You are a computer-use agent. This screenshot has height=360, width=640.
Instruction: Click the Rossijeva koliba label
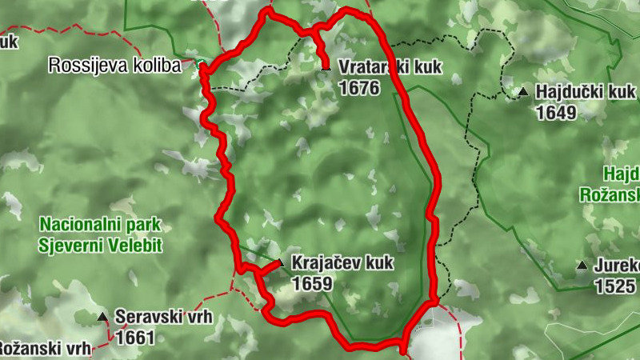click(x=115, y=66)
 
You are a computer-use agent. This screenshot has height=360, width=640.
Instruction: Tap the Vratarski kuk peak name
click(x=390, y=68)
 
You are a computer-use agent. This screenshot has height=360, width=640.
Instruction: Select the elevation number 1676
click(x=358, y=88)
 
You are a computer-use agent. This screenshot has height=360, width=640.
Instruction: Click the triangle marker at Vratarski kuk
click(x=326, y=68)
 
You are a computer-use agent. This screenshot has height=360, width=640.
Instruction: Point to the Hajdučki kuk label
click(x=586, y=93)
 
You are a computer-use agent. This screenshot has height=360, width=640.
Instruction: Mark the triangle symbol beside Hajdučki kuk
click(x=522, y=92)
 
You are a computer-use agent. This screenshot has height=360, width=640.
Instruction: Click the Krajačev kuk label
click(x=343, y=263)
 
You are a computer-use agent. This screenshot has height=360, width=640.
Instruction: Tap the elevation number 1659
click(x=312, y=283)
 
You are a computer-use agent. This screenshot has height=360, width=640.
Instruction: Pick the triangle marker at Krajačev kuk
click(x=279, y=263)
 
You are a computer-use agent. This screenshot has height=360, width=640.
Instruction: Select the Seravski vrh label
click(x=163, y=317)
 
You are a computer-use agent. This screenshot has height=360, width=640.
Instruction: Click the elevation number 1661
click(x=134, y=338)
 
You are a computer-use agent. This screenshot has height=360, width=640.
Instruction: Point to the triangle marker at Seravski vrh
click(x=102, y=318)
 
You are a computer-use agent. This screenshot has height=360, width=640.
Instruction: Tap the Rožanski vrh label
click(x=44, y=348)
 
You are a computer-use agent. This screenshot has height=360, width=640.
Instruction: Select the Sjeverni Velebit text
click(x=99, y=245)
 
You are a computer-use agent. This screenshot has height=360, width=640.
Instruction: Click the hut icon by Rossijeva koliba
click(x=198, y=63)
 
